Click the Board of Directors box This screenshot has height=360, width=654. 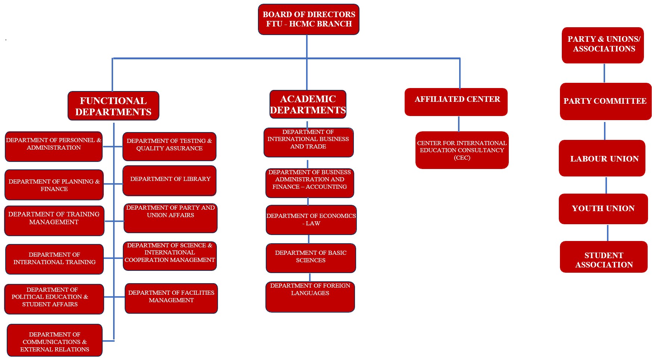click(308, 19)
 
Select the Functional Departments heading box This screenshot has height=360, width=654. click(113, 106)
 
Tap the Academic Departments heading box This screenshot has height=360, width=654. click(308, 104)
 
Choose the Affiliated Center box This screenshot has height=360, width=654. click(456, 102)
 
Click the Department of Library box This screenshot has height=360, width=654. click(169, 181)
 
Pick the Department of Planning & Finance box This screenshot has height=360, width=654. click(54, 185)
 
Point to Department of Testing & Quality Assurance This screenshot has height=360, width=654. click(169, 146)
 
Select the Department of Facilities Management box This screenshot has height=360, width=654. click(171, 298)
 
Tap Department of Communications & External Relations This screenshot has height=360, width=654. click(54, 340)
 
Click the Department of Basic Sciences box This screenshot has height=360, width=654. click(311, 258)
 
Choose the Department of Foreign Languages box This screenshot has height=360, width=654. click(310, 297)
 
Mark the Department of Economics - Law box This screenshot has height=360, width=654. click(311, 220)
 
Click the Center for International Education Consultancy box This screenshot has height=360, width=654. click(462, 150)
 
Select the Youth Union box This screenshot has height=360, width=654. click(603, 209)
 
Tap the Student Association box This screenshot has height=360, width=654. click(604, 257)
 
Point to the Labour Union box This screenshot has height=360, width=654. click(602, 158)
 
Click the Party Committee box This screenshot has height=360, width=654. click(605, 101)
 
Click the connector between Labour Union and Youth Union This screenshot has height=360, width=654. click(606, 185)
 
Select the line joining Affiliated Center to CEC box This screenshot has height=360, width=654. click(459, 124)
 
